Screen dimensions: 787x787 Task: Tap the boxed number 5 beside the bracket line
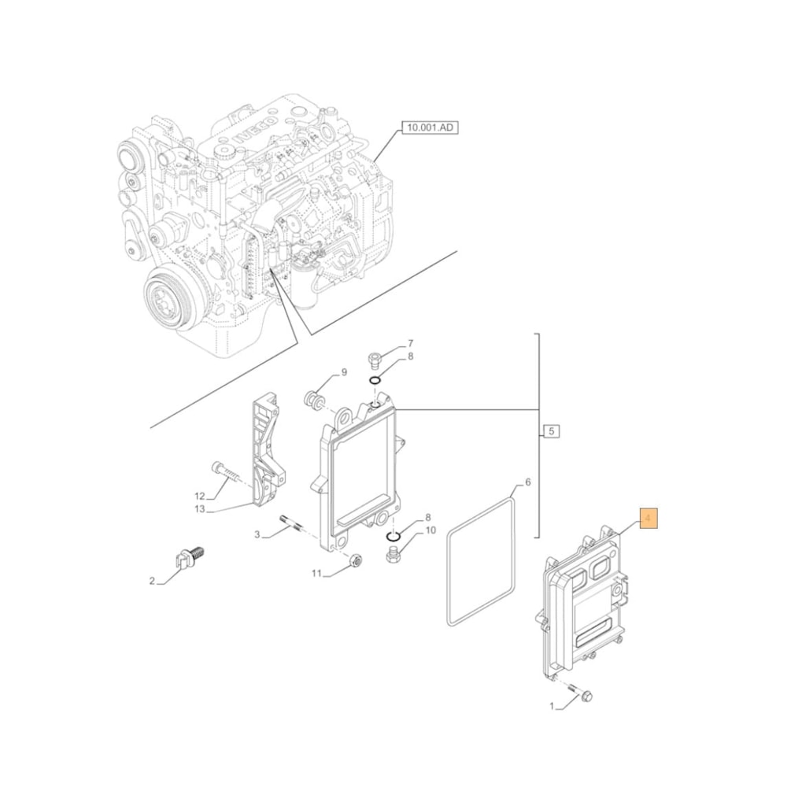(551, 430)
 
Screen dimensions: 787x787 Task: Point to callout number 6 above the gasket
(528, 482)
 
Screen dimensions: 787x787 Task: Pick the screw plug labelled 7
(375, 360)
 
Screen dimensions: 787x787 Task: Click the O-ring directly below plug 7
(375, 383)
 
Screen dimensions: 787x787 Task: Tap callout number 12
(199, 496)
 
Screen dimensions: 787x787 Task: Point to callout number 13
(199, 509)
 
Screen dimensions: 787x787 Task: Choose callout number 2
(152, 582)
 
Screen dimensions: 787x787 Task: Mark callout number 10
(430, 530)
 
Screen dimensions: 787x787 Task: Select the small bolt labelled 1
(586, 695)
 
